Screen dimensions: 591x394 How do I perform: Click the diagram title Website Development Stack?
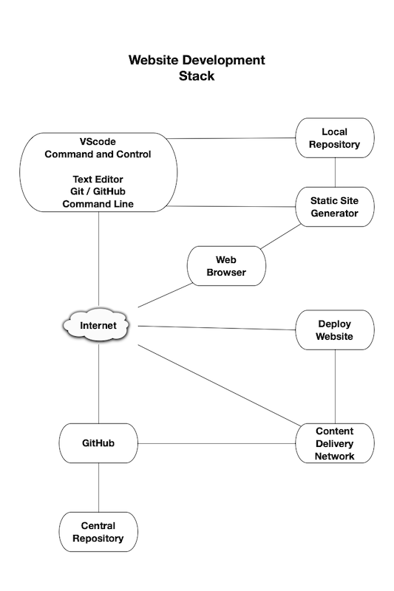point(197,68)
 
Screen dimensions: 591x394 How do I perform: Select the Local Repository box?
point(335,138)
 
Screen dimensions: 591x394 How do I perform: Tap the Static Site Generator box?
point(335,207)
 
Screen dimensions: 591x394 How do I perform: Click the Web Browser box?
point(225,266)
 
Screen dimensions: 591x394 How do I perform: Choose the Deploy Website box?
point(335,330)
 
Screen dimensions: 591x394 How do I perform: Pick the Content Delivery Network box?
point(335,443)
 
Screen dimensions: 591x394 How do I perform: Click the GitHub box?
point(98,443)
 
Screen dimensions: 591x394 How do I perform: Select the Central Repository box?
point(98,533)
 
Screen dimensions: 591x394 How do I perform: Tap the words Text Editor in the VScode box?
point(98,180)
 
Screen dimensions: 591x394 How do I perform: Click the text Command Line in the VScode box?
point(98,204)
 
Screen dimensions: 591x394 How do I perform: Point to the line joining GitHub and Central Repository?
point(98,488)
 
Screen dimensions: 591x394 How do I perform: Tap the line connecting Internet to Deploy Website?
point(217,327)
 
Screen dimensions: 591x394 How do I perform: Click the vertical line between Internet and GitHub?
point(98,384)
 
